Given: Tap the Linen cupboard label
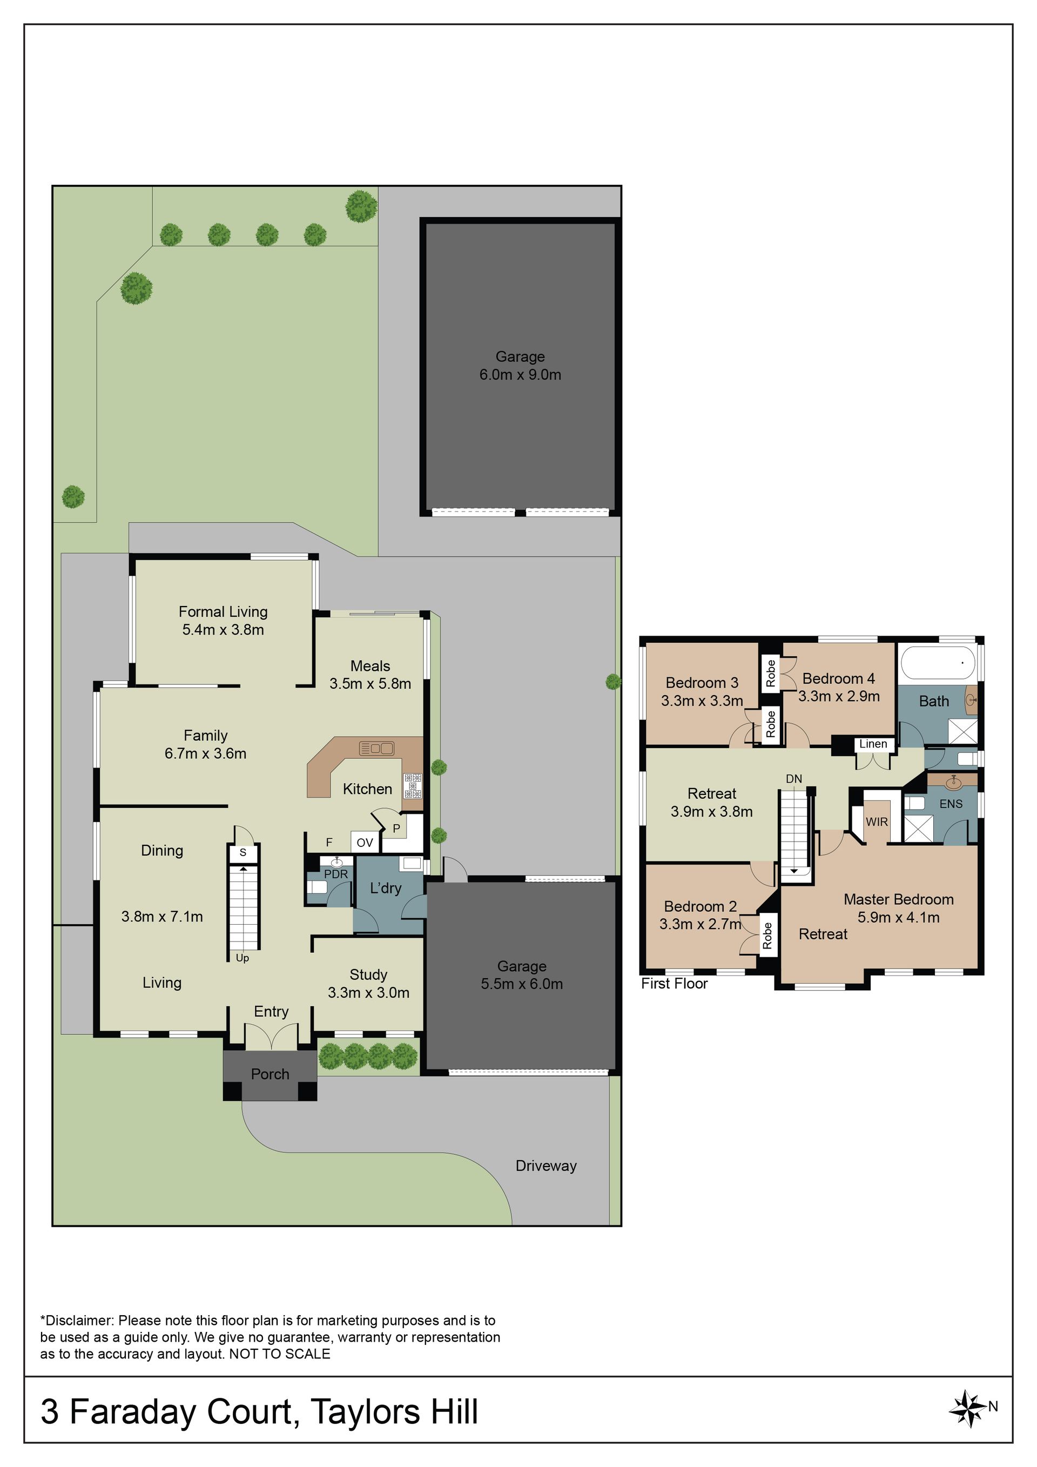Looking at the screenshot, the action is coord(873,744).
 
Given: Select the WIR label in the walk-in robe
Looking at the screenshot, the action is coord(877,822).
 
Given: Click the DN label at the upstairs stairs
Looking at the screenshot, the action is coord(793,779).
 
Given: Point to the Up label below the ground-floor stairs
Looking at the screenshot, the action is coord(242,958).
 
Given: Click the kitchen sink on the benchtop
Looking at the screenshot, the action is coord(377,748).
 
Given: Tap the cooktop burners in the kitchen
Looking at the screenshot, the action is coord(412,785).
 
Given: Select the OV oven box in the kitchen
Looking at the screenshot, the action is coord(365,843).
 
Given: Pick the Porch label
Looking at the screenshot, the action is coord(270,1074).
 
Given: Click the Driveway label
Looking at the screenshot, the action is coord(546,1166).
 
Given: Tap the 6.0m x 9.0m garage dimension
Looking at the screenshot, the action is coord(520,374).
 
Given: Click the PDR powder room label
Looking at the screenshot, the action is coord(336,874).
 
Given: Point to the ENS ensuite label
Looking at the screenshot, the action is coord(951,804).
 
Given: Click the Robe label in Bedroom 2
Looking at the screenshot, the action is coord(767,936).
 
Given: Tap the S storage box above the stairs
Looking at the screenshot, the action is coord(243,852).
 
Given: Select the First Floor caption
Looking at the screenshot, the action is coord(674,984).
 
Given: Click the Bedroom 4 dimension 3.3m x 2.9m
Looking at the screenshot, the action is coord(839,696).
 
